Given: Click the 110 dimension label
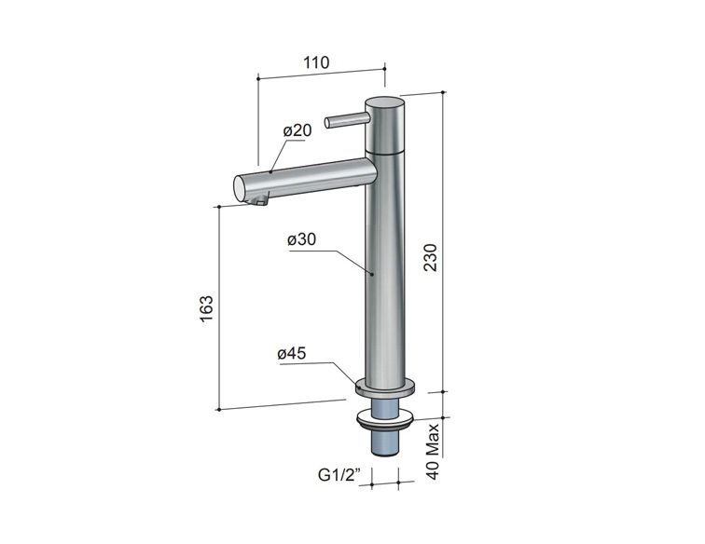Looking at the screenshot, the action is tap(316, 62).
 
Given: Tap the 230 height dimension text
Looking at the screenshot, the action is tap(431, 257).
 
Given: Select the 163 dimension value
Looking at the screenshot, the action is tap(206, 308).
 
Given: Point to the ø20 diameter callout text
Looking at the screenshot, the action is tap(297, 130).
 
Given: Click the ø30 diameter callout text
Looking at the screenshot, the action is tap(302, 240).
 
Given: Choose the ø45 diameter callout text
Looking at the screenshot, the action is tap(292, 354).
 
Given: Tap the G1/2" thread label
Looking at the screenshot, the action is tap(339, 475).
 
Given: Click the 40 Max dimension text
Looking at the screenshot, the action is tap(432, 452).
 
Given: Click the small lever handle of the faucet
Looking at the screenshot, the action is tap(347, 120).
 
